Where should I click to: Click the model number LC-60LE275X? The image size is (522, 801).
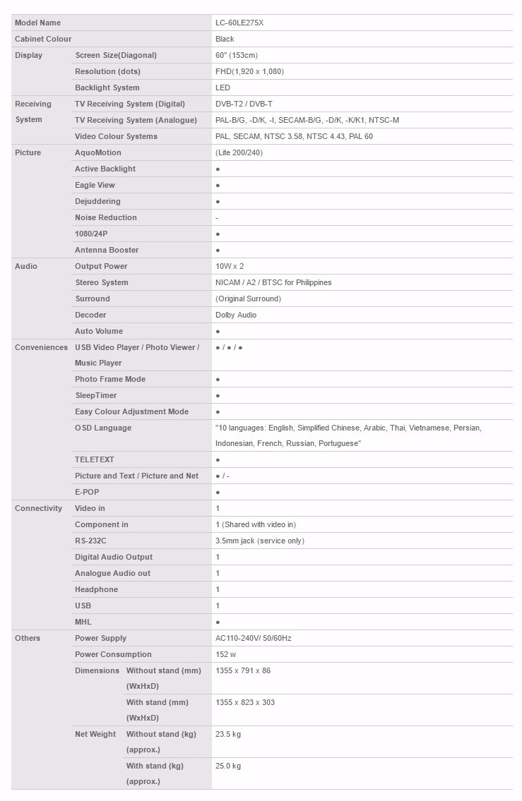pyautogui.click(x=239, y=23)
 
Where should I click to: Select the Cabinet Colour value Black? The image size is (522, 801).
pyautogui.click(x=225, y=39)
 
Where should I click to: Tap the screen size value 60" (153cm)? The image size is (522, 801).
pyautogui.click(x=237, y=55)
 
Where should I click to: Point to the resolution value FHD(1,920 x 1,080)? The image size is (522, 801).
pyautogui.click(x=249, y=71)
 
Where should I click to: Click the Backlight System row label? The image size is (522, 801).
pyautogui.click(x=107, y=88)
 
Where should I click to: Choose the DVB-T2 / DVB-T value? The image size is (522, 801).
pyautogui.click(x=244, y=104)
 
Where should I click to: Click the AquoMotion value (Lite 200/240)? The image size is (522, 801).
pyautogui.click(x=239, y=152)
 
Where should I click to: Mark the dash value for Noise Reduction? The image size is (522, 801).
pyautogui.click(x=217, y=218)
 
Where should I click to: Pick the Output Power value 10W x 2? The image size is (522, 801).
pyautogui.click(x=230, y=266)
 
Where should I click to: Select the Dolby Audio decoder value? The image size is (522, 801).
pyautogui.click(x=236, y=315)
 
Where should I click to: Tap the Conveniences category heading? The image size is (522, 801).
pyautogui.click(x=41, y=347)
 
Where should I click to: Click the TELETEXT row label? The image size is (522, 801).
pyautogui.click(x=95, y=459)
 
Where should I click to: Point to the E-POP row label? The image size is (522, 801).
pyautogui.click(x=88, y=492)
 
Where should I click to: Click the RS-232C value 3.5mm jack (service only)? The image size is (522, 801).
pyautogui.click(x=260, y=541)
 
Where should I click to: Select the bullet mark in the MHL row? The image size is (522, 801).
pyautogui.click(x=218, y=622)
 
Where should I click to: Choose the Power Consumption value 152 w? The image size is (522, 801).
pyautogui.click(x=226, y=654)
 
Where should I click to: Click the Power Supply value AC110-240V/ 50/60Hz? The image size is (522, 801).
pyautogui.click(x=253, y=638)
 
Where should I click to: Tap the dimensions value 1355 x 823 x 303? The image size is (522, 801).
pyautogui.click(x=245, y=702)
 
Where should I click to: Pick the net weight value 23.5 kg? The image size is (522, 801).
pyautogui.click(x=228, y=734)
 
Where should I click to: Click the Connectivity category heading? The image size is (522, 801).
pyautogui.click(x=38, y=508)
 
